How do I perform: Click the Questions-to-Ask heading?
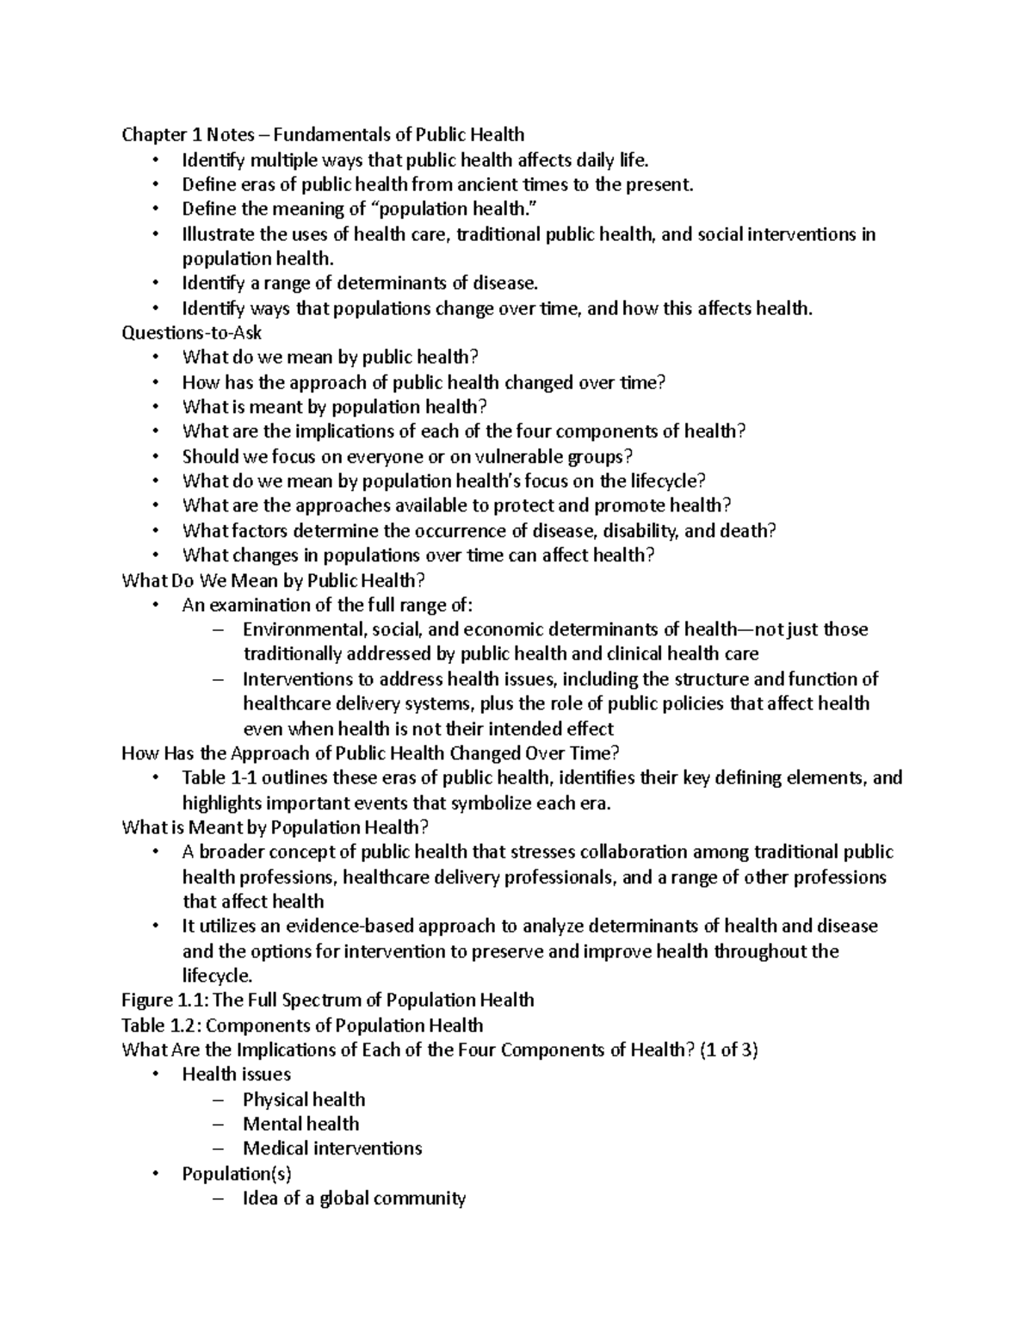point(192,332)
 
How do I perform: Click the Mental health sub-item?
point(300,1124)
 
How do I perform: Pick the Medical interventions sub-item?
point(332,1148)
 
